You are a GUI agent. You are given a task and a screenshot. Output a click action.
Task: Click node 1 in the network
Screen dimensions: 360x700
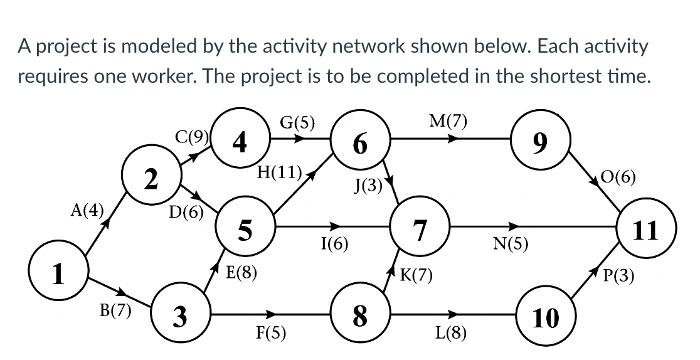point(59,274)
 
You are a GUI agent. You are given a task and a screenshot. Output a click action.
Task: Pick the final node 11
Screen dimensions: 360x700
point(645,230)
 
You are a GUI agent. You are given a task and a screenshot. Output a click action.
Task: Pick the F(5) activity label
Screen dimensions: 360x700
point(271,332)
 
